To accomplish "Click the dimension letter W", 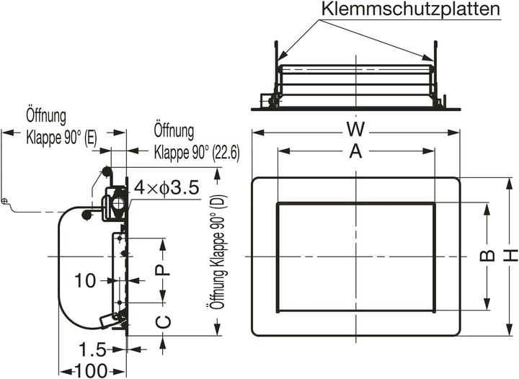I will pyautogui.click(x=354, y=130).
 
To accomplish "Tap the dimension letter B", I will pyautogui.click(x=487, y=257).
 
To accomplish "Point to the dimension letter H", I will pyautogui.click(x=510, y=255).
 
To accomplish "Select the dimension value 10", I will pyautogui.click(x=85, y=280).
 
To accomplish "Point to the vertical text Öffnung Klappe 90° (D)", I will pyautogui.click(x=213, y=252).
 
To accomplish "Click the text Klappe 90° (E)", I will pyautogui.click(x=61, y=136).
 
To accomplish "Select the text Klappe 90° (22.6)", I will pyautogui.click(x=197, y=153).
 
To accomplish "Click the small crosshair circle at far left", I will pyautogui.click(x=5, y=200).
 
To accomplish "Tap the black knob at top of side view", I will pyautogui.click(x=107, y=171).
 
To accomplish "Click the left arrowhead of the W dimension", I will pyautogui.click(x=254, y=132).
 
